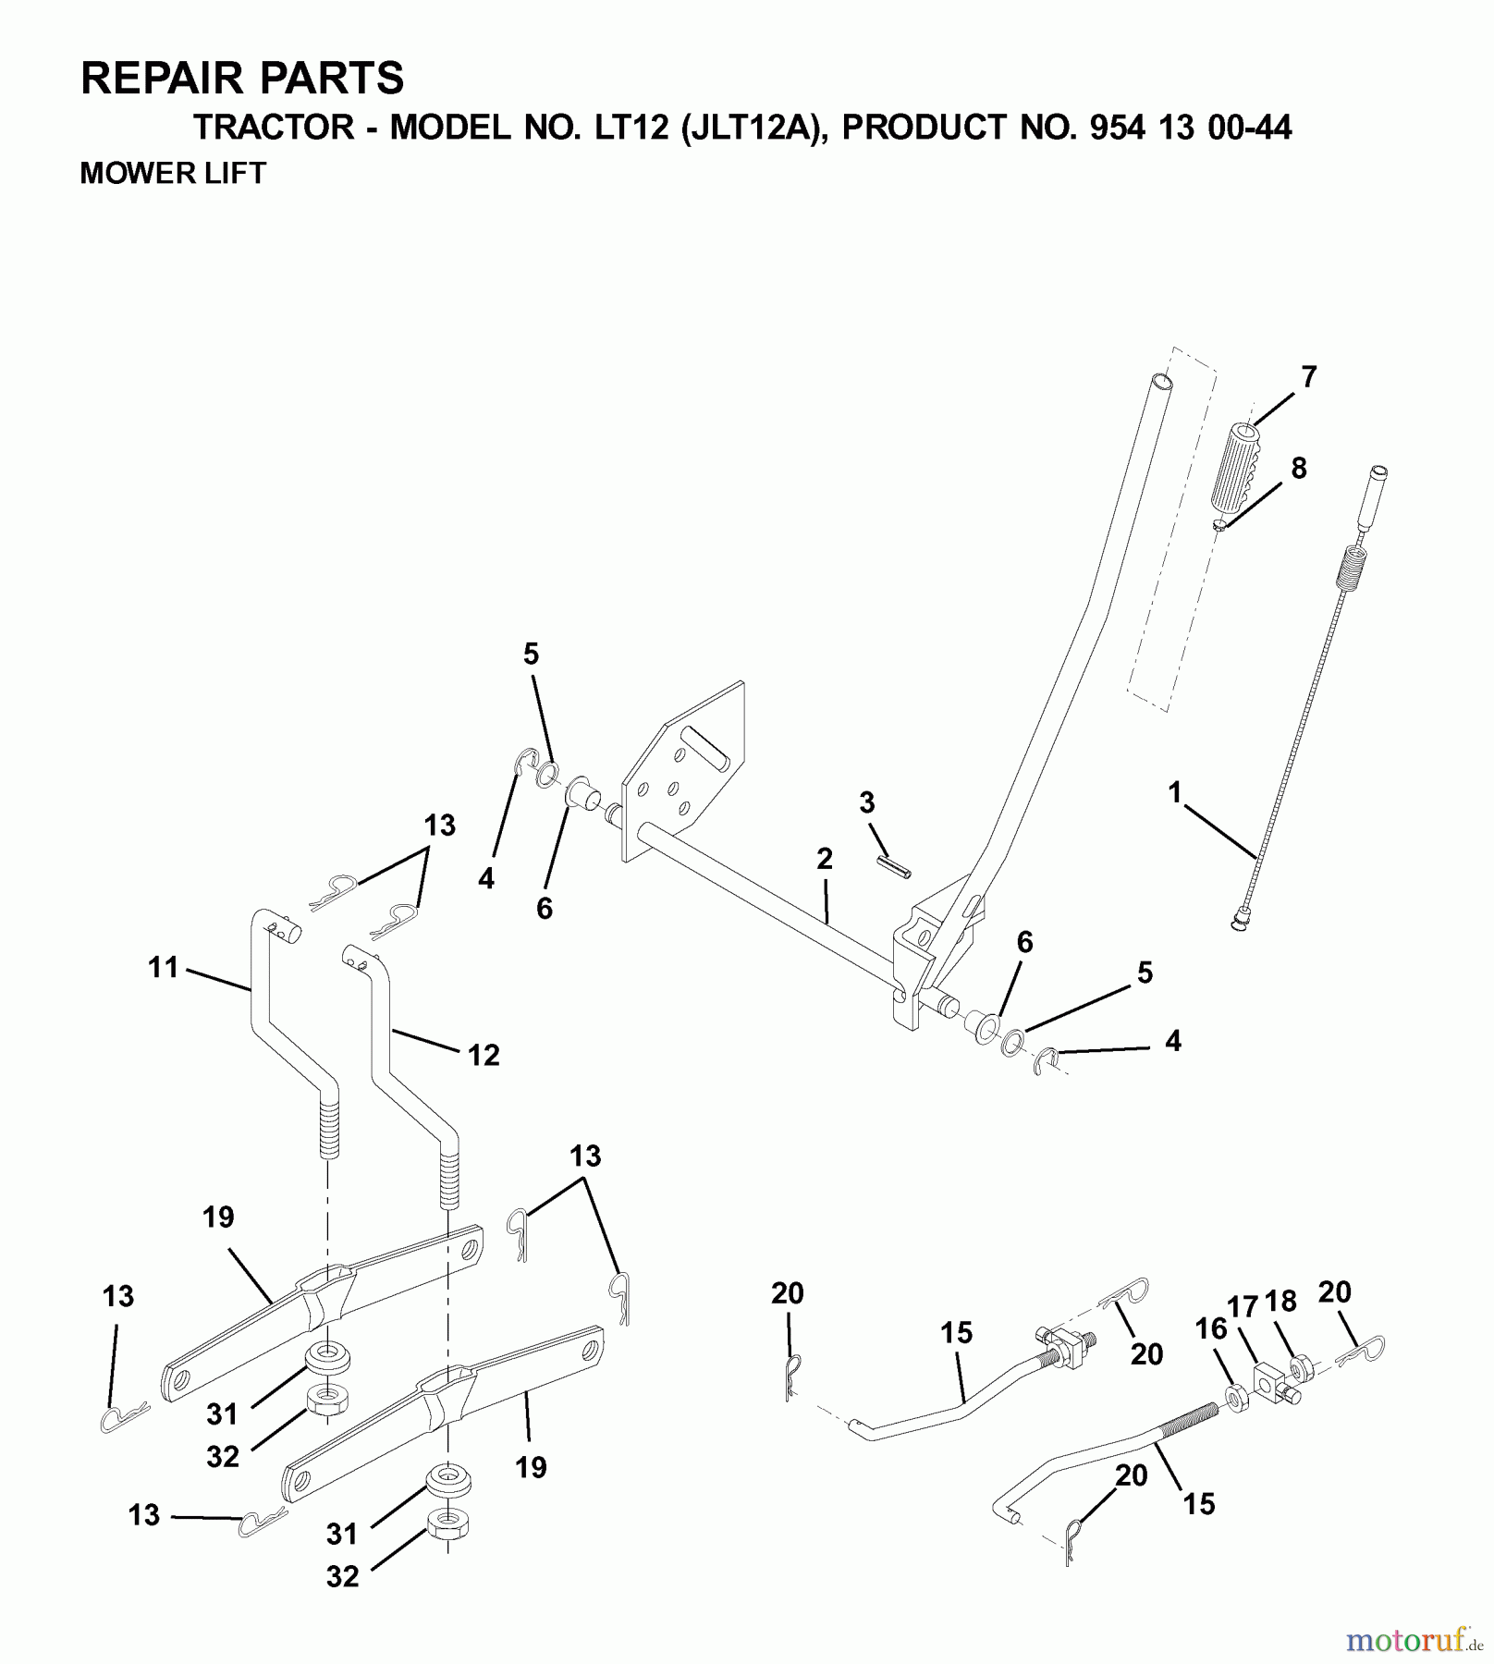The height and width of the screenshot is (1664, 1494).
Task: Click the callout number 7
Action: tap(1307, 377)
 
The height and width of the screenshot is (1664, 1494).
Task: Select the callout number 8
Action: tap(1299, 469)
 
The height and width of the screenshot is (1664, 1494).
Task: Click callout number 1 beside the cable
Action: tap(1175, 792)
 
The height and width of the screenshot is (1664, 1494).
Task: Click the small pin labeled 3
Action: tap(893, 867)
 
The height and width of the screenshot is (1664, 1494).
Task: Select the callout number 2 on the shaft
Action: tap(825, 859)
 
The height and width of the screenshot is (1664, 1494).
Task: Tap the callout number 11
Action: tap(163, 968)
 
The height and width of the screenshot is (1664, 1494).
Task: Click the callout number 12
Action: tap(484, 1055)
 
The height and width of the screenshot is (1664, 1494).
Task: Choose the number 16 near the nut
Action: tap(1210, 1328)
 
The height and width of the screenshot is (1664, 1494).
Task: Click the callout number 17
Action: tap(1243, 1307)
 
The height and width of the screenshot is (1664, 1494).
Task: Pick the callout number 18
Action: tap(1280, 1301)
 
